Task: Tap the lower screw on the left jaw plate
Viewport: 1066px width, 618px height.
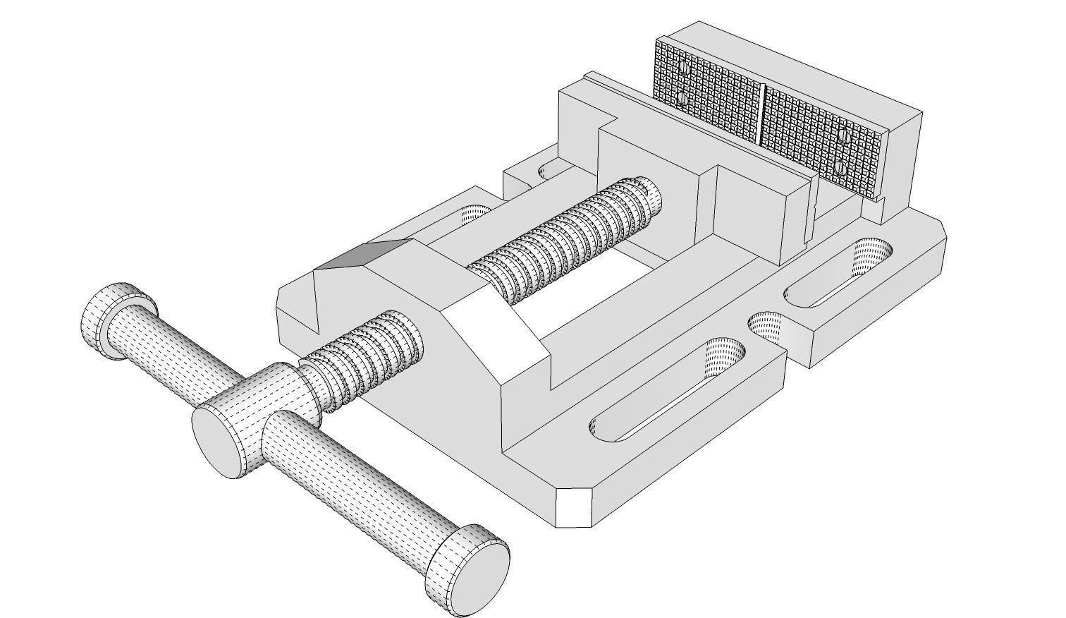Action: click(682, 98)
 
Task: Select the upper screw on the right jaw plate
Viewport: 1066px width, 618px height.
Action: click(843, 134)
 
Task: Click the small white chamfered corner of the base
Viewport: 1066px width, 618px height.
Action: click(574, 507)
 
